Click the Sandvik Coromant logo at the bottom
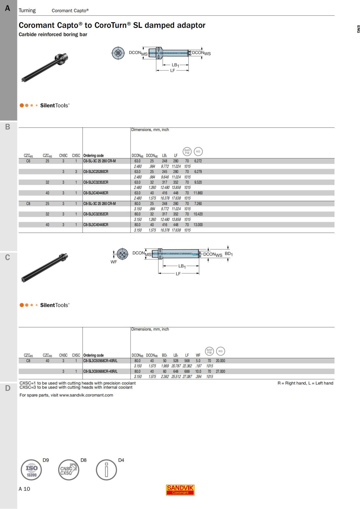tap(180, 490)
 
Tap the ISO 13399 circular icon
tap(31, 470)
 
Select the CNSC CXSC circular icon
tap(68, 470)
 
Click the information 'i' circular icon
tap(106, 470)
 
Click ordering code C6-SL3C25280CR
tap(96, 172)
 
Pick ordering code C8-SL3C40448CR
tap(96, 225)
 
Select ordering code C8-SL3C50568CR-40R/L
tap(100, 361)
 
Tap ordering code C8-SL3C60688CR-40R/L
tap(100, 371)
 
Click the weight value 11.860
tap(198, 193)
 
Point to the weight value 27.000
tap(220, 371)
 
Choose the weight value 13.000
tap(198, 225)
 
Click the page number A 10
tap(24, 489)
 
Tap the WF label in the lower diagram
tap(114, 262)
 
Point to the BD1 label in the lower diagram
tap(229, 254)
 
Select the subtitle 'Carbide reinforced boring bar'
tap(53, 34)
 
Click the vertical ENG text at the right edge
tap(358, 29)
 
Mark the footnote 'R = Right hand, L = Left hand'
tap(305, 383)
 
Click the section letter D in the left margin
tap(8, 388)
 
